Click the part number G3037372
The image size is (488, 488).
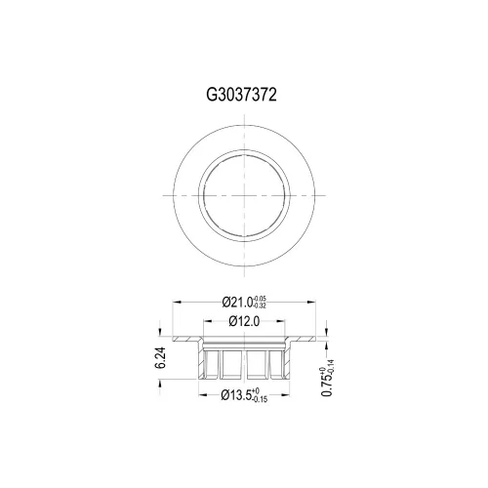[x=241, y=95]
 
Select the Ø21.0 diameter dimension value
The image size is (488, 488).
[x=237, y=303]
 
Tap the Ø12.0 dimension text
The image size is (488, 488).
[x=244, y=321]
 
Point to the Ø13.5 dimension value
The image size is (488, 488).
[x=236, y=395]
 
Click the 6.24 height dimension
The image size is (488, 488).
[x=160, y=358]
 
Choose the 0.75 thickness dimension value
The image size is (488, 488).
[x=327, y=385]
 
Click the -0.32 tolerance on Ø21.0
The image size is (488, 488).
[x=261, y=306]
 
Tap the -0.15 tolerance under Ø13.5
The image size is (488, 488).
[x=260, y=399]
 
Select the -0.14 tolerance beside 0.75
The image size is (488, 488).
[x=331, y=366]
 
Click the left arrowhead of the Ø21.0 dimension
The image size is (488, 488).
[x=177, y=303]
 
